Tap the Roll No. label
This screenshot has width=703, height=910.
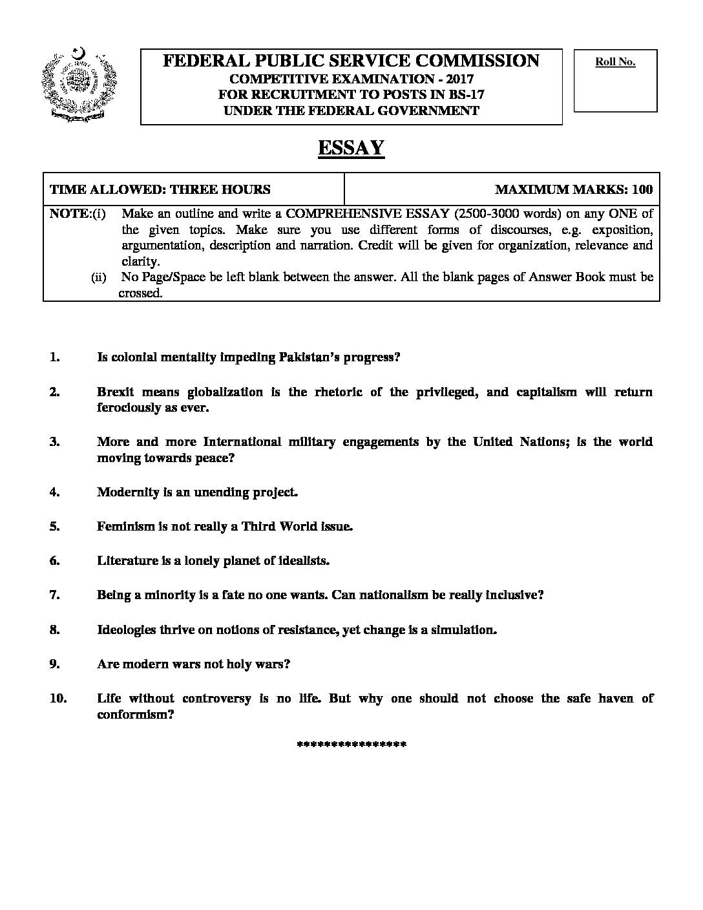(615, 62)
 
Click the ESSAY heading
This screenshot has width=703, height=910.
(351, 148)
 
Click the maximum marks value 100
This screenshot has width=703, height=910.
(642, 189)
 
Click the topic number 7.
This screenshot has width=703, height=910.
(54, 595)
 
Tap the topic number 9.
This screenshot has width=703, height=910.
(54, 664)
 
